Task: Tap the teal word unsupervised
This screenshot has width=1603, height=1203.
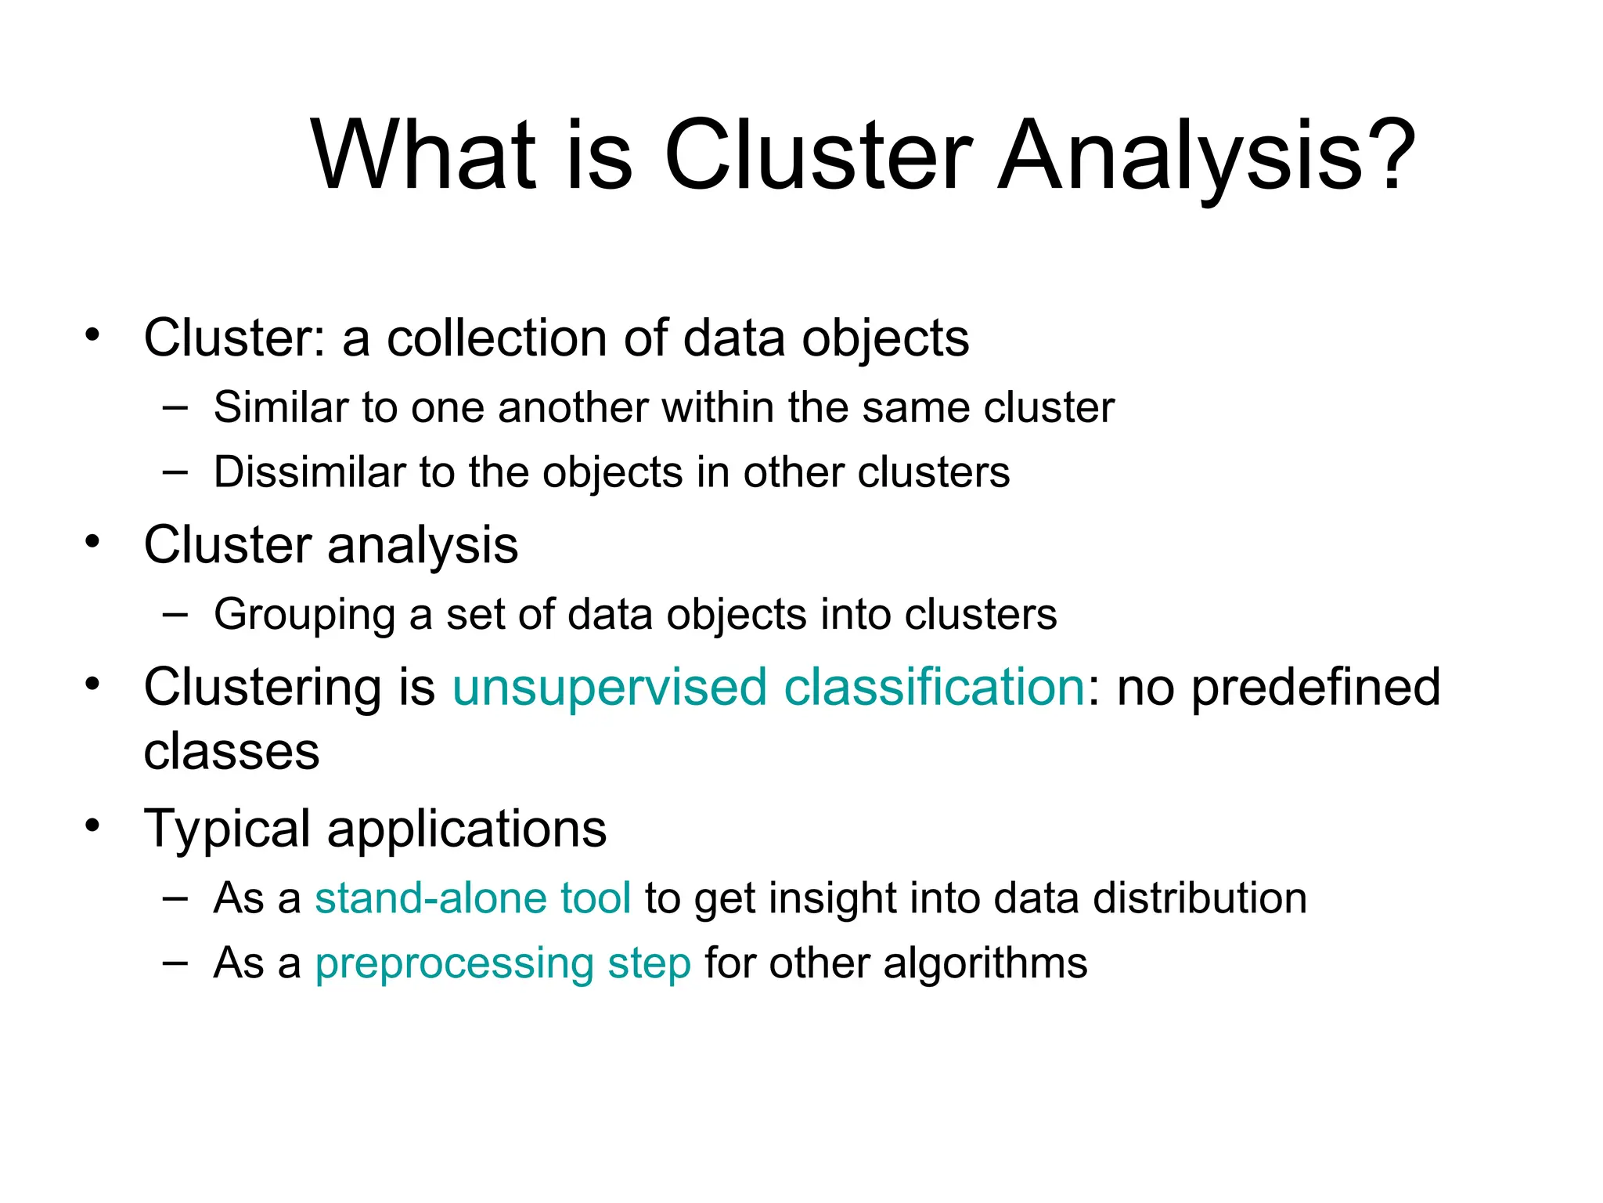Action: [x=610, y=687]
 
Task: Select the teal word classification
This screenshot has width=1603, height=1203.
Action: [x=934, y=687]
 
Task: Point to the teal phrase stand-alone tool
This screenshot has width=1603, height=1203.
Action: [x=473, y=898]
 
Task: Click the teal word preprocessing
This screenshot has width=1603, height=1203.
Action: [x=454, y=963]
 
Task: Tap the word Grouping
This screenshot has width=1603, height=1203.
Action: [x=304, y=615]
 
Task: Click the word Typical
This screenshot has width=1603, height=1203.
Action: [x=228, y=829]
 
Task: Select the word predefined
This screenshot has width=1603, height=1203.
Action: [x=1316, y=687]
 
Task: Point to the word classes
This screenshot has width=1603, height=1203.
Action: [x=232, y=752]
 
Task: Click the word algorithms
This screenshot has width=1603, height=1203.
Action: [x=985, y=963]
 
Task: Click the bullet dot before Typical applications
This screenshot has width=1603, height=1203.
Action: [x=93, y=825]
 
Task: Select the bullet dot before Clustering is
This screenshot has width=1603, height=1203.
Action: [x=93, y=684]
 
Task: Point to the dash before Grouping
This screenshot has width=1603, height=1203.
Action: [x=175, y=614]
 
